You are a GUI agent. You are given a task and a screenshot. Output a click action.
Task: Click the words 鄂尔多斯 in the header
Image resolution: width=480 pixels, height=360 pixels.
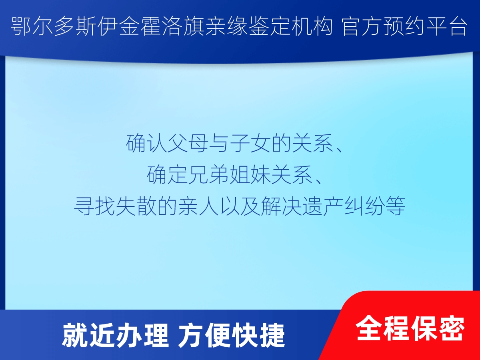pos(53,27)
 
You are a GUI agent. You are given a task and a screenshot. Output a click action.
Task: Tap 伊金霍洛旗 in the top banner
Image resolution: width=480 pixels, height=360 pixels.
pos(151,27)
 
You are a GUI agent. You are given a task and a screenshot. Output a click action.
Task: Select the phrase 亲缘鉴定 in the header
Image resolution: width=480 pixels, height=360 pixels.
pos(247,27)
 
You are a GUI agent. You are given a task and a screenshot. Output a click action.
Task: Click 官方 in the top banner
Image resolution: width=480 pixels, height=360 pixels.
pos(362,27)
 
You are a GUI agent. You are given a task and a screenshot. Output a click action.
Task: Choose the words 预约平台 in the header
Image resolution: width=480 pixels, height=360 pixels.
pos(426,27)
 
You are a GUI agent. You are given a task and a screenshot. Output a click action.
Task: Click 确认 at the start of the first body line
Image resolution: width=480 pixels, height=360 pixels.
pos(146,143)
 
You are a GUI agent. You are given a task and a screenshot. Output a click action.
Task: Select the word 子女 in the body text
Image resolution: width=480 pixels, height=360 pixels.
pos(250,143)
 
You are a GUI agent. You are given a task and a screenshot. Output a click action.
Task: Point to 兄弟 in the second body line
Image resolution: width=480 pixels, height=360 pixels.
pos(209,175)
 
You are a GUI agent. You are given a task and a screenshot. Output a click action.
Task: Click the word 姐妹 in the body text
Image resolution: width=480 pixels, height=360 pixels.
pos(250,175)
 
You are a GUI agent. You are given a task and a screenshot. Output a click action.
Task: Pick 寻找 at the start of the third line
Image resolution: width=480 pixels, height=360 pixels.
pos(94,206)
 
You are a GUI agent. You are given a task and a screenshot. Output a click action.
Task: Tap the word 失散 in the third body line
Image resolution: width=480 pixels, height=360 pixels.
pos(136,206)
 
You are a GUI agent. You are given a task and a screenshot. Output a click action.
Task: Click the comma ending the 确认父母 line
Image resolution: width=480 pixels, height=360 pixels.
pos(338,150)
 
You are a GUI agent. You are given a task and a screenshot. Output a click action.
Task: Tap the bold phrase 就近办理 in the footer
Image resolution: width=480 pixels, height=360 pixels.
pos(116,335)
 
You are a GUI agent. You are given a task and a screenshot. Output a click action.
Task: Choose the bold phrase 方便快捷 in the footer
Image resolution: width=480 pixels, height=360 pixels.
pos(231,335)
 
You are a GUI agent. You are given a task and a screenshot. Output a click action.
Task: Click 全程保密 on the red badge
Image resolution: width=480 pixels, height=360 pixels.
pos(410,328)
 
